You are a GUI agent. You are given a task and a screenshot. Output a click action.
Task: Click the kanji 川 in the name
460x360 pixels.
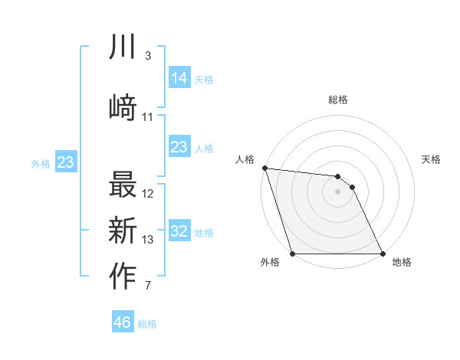123,48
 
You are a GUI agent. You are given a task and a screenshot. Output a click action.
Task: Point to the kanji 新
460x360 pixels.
123,231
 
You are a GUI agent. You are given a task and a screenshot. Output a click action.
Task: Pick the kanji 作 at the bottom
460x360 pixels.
123,277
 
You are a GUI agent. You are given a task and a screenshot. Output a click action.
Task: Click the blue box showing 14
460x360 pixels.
179,78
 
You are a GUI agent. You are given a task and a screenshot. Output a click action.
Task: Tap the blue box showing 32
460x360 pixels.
179,232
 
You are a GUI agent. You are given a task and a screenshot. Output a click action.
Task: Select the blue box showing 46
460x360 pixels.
123,322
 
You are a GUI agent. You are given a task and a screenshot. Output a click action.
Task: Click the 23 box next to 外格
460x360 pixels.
65,162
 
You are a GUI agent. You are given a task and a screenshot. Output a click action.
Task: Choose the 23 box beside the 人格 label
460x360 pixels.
179,147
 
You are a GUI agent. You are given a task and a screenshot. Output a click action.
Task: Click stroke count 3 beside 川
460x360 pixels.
147,56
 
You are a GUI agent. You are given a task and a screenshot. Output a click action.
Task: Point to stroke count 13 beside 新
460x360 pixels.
148,240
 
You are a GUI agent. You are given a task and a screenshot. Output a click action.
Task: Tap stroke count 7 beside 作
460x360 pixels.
147,286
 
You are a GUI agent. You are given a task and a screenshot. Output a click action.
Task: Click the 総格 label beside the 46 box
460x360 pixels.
147,324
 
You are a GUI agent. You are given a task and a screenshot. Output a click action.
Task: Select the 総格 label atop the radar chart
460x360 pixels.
338,100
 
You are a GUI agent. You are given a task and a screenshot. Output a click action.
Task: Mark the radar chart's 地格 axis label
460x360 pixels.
402,263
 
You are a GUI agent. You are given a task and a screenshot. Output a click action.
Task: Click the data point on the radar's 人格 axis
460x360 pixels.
264,168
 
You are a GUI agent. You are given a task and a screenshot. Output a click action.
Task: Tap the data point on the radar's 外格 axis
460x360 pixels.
292,253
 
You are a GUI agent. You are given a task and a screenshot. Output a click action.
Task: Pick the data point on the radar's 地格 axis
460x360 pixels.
382,253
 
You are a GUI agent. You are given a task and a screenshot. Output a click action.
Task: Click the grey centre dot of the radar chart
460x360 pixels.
337,191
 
